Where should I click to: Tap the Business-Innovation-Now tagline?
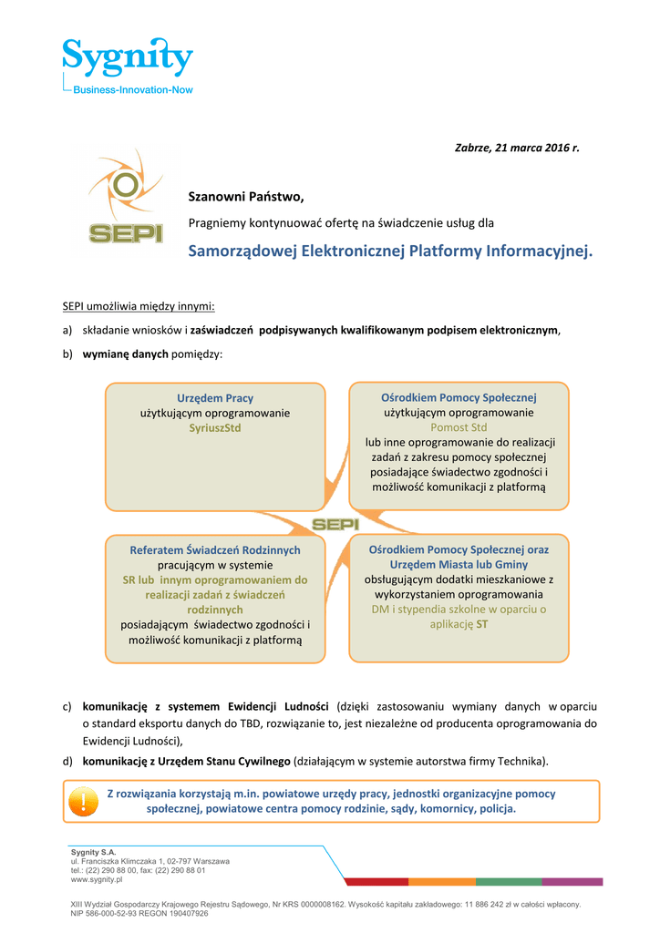[133, 89]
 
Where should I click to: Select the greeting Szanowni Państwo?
[245, 197]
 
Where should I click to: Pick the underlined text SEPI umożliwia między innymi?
[138, 306]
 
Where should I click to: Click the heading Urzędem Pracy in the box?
[215, 398]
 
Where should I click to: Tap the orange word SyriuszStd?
[215, 427]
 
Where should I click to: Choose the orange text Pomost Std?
[459, 427]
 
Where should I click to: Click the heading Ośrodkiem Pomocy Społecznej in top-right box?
[459, 398]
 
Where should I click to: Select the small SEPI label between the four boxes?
[335, 524]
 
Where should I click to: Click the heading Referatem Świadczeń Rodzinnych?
[215, 550]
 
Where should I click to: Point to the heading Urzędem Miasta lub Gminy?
[459, 565]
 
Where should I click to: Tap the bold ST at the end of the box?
[482, 624]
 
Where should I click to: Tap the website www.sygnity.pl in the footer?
[97, 880]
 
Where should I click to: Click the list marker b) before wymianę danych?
[67, 354]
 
